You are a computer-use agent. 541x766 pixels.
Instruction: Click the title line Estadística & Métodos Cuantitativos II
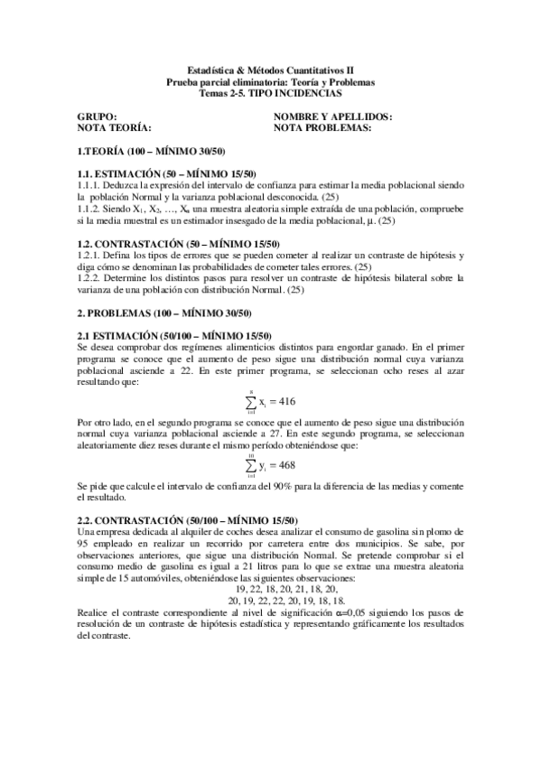pyautogui.click(x=271, y=70)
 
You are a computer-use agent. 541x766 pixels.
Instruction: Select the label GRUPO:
pyautogui.click(x=97, y=117)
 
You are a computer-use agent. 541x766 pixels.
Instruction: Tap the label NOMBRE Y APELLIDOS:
pyautogui.click(x=345, y=117)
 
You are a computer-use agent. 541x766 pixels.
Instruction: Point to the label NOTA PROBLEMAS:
pyautogui.click(x=335, y=128)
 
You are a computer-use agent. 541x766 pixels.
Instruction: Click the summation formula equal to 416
pyautogui.click(x=270, y=401)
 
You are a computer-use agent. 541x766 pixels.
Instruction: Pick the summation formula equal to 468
pyautogui.click(x=270, y=466)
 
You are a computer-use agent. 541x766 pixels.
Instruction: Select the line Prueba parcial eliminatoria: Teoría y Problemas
pyautogui.click(x=271, y=81)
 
